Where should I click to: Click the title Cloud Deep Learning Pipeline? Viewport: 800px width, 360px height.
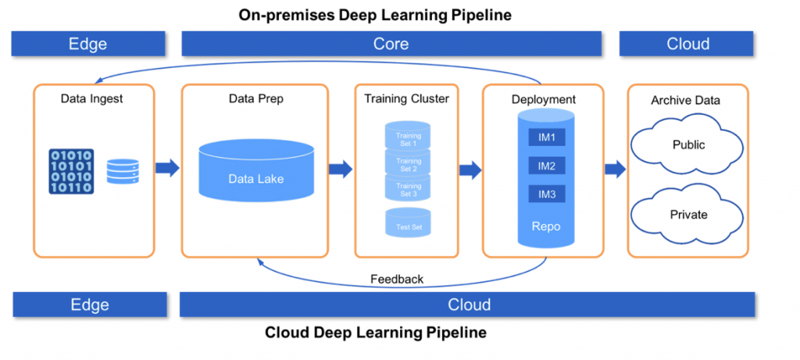375,333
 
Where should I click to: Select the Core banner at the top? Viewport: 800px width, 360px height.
391,44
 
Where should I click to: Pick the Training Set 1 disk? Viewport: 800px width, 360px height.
408,139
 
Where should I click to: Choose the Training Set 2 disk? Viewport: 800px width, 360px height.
408,164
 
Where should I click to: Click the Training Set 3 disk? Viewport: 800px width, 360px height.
408,189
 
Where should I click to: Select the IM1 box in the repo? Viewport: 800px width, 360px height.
546,137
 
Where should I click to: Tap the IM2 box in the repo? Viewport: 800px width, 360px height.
546,166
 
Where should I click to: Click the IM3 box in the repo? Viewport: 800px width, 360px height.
546,194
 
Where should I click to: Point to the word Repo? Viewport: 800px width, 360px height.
546,226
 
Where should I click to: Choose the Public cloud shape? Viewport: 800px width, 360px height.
687,145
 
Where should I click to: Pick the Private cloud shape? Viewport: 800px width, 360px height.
687,215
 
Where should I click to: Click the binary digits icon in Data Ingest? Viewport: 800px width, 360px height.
72,171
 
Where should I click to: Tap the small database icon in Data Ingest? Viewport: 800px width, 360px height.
123,171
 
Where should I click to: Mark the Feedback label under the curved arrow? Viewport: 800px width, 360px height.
397,279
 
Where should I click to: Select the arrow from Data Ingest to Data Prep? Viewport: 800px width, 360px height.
167,168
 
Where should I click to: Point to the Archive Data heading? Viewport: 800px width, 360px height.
687,100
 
